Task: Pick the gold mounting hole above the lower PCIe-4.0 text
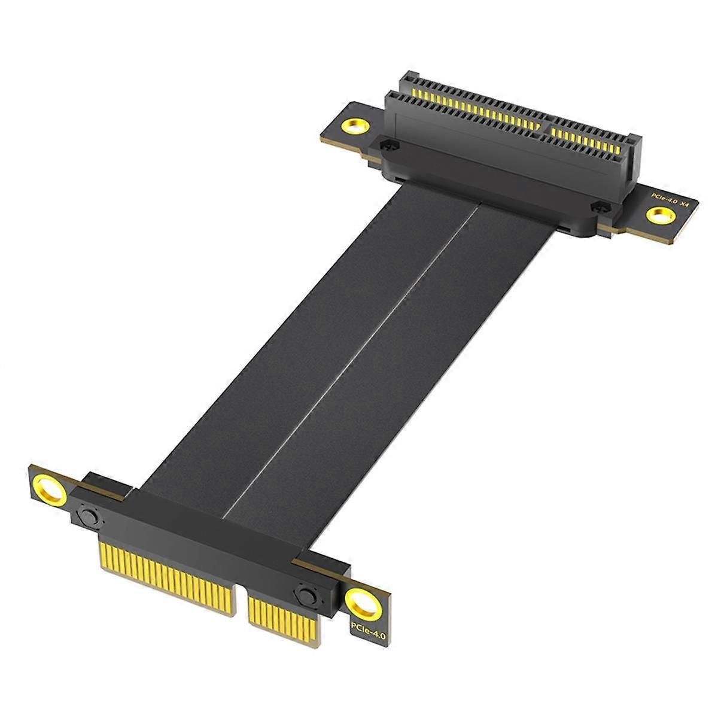click(x=363, y=603)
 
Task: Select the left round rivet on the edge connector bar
click(x=90, y=515)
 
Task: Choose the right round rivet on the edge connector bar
click(x=305, y=596)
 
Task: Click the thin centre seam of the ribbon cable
click(x=353, y=359)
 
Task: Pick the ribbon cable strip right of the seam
click(x=407, y=383)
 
